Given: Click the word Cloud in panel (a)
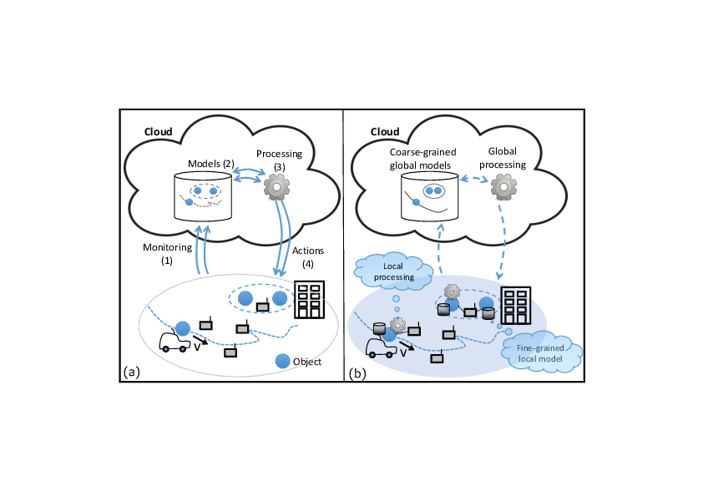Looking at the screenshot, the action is pyautogui.click(x=159, y=131).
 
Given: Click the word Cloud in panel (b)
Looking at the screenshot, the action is pyautogui.click(x=385, y=131).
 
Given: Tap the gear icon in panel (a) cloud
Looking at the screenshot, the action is pyautogui.click(x=276, y=187).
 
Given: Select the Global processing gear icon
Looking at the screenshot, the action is pyautogui.click(x=503, y=187).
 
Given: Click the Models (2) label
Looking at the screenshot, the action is pyautogui.click(x=210, y=164).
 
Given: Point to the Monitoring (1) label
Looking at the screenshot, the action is pyautogui.click(x=167, y=254).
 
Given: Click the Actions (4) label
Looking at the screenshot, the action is pyautogui.click(x=308, y=257).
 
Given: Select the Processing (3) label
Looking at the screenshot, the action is pyautogui.click(x=280, y=160).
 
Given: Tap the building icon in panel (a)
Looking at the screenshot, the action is pyautogui.click(x=310, y=300).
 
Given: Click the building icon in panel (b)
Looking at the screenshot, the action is pyautogui.click(x=516, y=306).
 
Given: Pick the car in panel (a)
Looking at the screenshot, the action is pyautogui.click(x=174, y=342).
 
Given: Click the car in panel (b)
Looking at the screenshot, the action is pyautogui.click(x=382, y=347).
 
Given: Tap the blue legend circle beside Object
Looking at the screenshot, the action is pyautogui.click(x=282, y=361).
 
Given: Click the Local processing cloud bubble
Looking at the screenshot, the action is pyautogui.click(x=393, y=270).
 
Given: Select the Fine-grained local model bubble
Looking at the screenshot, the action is pyautogui.click(x=541, y=352).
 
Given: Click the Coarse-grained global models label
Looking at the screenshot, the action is pyautogui.click(x=422, y=159).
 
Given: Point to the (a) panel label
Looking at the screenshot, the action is pyautogui.click(x=132, y=372).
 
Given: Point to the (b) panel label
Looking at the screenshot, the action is pyautogui.click(x=357, y=373).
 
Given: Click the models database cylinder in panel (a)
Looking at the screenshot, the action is pyautogui.click(x=203, y=196).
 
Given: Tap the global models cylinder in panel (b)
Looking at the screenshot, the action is pyautogui.click(x=429, y=196).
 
